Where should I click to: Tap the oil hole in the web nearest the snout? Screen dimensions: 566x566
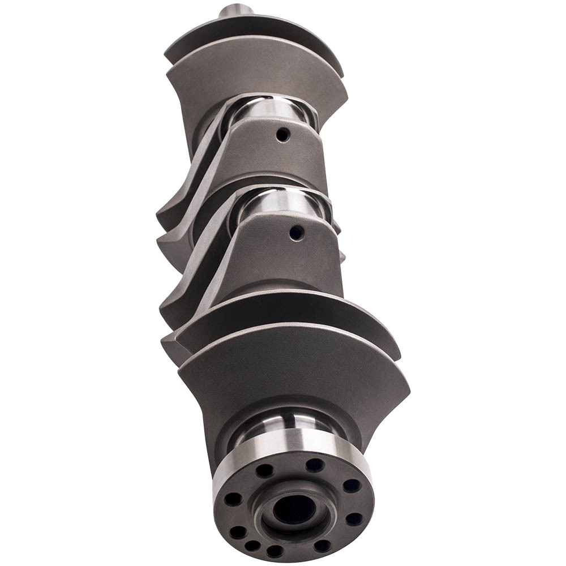pos(283,135)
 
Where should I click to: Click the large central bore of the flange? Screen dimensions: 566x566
pos(294,509)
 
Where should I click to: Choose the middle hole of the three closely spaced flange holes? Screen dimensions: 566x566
pos(252,546)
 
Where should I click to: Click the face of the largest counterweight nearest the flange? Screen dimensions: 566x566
pos(294,374)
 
